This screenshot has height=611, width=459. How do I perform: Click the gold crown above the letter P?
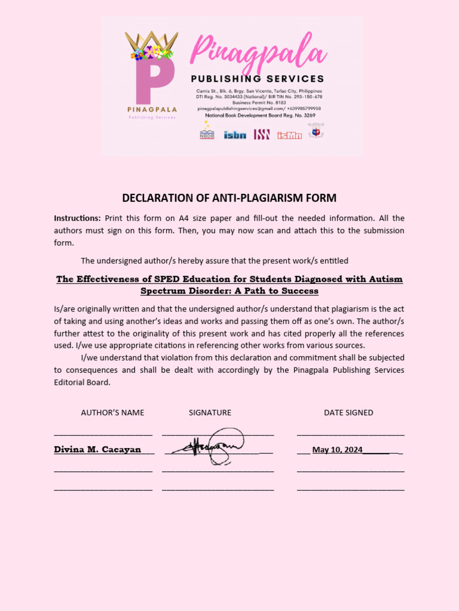click(151, 44)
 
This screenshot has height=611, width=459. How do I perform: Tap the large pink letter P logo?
click(153, 81)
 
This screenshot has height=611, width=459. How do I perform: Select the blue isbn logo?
click(235, 135)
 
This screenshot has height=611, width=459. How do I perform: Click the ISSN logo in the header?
click(262, 134)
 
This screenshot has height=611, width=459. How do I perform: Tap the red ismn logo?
click(289, 135)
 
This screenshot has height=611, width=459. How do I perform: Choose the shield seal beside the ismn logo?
click(316, 131)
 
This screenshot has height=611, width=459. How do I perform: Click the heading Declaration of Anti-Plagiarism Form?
click(229, 198)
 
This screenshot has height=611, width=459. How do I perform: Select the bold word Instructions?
click(77, 218)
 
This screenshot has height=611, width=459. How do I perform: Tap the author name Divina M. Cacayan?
click(97, 450)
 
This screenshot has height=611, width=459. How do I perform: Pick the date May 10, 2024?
click(337, 450)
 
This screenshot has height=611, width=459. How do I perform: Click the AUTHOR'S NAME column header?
click(112, 412)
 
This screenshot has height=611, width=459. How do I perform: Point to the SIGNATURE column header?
click(210, 412)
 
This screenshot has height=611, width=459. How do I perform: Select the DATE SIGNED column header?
click(348, 412)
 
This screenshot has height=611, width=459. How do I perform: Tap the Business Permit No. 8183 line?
click(259, 103)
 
